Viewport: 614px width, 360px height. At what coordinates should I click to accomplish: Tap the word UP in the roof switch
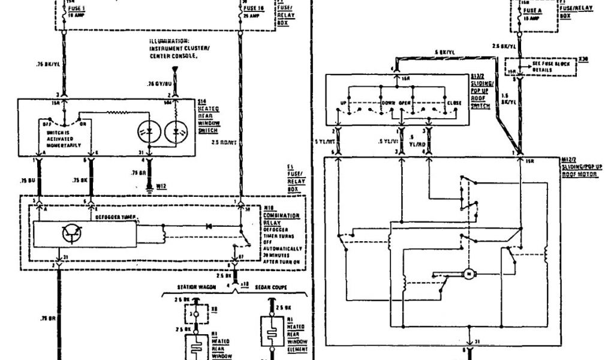pyautogui.click(x=344, y=103)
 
